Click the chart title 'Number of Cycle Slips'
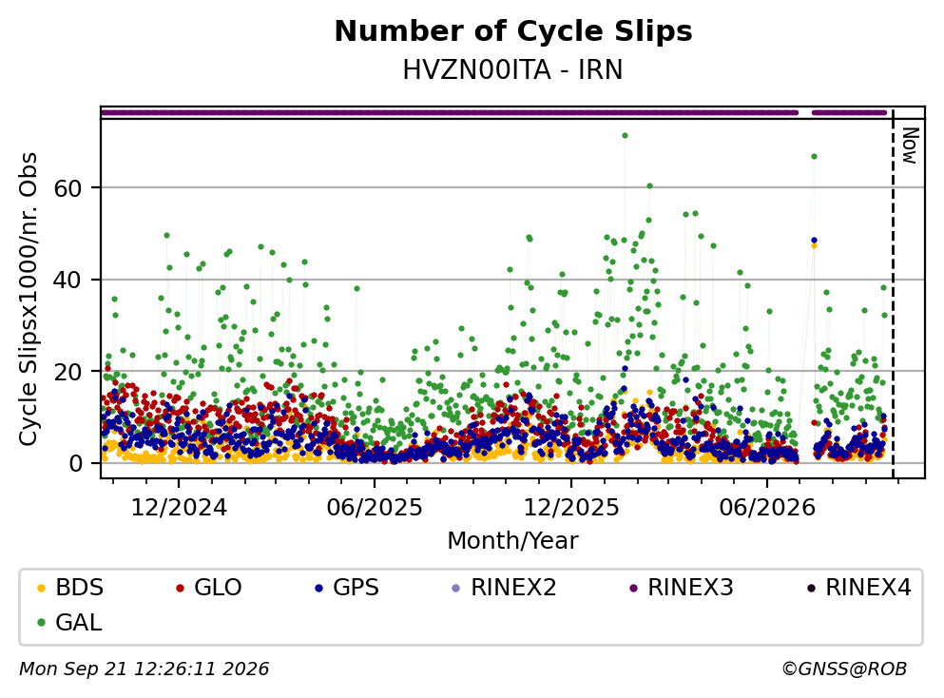tap(513, 31)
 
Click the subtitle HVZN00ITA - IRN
tap(513, 69)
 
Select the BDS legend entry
tap(69, 587)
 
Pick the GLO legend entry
tap(208, 587)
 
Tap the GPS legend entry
tap(347, 587)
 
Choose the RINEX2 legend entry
tap(505, 587)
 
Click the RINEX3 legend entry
tap(681, 587)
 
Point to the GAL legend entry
tap(69, 622)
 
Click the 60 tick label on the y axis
tap(67, 188)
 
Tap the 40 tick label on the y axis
tap(67, 280)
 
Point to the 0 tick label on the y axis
tap(75, 464)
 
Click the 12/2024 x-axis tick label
tap(179, 508)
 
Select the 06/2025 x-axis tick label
tap(375, 508)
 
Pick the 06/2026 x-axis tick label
tap(767, 508)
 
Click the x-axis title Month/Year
tap(513, 540)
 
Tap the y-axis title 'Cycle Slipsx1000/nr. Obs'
tap(28, 300)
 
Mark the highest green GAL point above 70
tap(625, 135)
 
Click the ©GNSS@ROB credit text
tap(844, 669)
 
